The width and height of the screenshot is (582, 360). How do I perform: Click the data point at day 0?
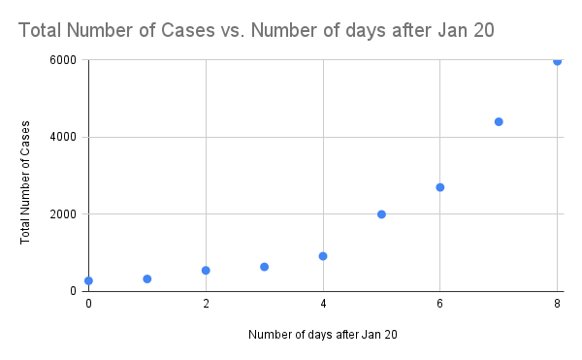point(88,280)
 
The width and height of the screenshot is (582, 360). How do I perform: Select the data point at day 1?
point(147,278)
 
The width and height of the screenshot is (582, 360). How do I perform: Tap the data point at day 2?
point(206,270)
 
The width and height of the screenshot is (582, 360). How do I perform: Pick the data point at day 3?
point(264,266)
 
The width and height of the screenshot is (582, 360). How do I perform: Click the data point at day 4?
point(323,256)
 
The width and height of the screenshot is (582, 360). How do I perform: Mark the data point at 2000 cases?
point(381,214)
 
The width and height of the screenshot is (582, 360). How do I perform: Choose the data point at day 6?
point(439,187)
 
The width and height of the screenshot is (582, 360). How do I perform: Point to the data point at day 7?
point(499,121)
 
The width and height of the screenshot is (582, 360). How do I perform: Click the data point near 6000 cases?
point(557,61)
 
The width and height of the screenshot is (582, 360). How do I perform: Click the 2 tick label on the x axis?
point(206,304)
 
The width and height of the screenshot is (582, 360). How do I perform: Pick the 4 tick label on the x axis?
point(323,304)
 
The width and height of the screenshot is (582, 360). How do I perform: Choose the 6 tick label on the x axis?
point(439,304)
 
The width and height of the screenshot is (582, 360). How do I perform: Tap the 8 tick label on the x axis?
point(557,304)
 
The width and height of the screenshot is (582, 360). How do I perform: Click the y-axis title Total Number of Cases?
point(25,182)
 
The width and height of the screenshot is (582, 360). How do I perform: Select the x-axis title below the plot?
point(322,336)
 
